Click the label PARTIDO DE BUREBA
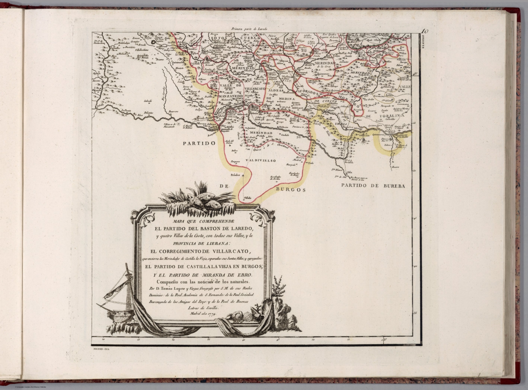tap(373, 186)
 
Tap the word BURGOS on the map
tap(290, 189)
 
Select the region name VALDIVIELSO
tap(261, 160)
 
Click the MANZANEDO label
tap(231, 97)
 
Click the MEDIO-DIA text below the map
tap(101, 349)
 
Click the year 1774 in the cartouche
tap(209, 313)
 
